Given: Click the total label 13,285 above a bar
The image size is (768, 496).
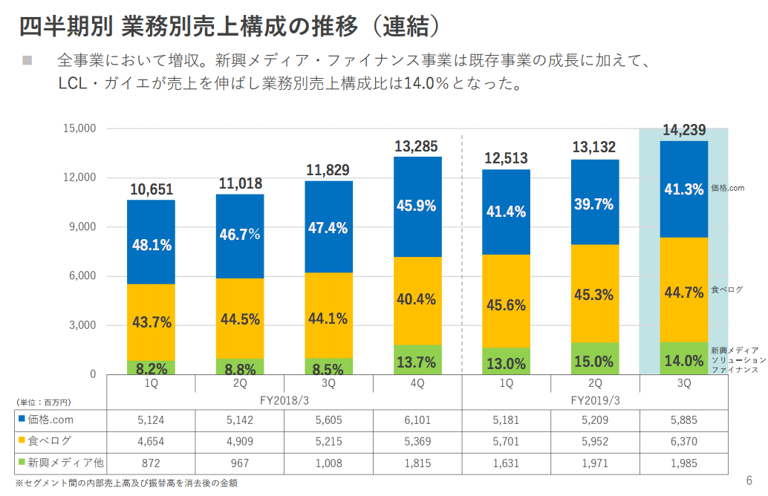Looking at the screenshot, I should point(417,146).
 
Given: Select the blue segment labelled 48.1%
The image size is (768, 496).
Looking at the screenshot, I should point(152,242).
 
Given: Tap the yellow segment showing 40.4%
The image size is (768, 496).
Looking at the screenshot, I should point(417,300).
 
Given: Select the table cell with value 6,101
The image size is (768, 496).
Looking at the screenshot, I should point(417,420).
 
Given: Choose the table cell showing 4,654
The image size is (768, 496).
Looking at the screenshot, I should point(152,441).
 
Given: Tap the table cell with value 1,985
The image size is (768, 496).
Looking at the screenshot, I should point(683,463).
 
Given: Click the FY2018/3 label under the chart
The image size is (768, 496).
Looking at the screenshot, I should point(284,400).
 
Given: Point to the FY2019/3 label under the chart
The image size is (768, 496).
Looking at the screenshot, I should point(594,400).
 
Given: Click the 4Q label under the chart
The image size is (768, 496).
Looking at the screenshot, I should point(417,383).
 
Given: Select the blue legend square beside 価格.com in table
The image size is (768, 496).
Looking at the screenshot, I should point(22,420).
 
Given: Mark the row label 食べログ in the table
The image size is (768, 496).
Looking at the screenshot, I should point(50,441).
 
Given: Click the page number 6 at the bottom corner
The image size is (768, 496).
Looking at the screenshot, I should point(749,479).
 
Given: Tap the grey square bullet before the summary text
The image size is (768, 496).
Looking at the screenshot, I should point(27,59).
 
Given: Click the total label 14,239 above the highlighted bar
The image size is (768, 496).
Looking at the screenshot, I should point(683,131).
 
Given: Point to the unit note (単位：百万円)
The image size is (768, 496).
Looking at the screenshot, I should point(43,402).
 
